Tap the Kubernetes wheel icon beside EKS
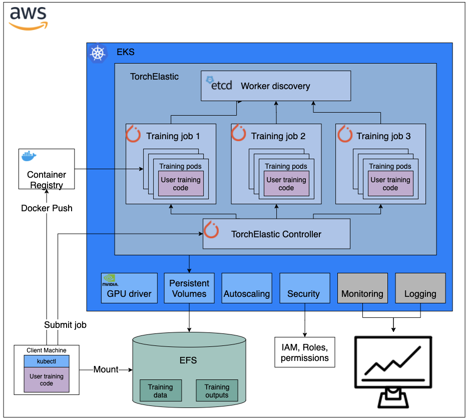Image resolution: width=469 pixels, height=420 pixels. (x=98, y=53)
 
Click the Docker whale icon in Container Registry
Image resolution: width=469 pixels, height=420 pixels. (x=30, y=157)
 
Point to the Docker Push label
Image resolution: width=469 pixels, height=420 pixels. (x=47, y=208)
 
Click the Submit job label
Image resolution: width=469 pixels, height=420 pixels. (x=65, y=325)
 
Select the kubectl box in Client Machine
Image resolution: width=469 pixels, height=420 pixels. (x=46, y=361)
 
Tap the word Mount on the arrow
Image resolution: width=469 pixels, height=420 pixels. (x=106, y=369)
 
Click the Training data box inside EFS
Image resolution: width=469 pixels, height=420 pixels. (x=160, y=390)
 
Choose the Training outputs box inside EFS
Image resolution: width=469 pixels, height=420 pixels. (x=217, y=390)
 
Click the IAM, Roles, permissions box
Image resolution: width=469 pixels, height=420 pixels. (x=304, y=352)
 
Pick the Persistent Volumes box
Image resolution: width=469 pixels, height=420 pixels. (x=189, y=288)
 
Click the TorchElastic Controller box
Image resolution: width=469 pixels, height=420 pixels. (x=276, y=234)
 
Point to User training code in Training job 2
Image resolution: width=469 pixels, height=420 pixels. (x=286, y=184)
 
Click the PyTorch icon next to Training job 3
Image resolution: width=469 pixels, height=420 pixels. (x=345, y=135)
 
